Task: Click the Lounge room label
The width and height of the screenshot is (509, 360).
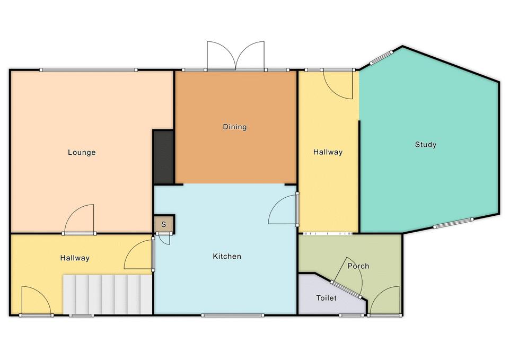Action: (82, 152)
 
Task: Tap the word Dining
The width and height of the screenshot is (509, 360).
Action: (235, 127)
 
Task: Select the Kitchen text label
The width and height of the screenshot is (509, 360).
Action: (227, 256)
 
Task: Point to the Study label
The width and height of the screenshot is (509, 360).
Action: (425, 144)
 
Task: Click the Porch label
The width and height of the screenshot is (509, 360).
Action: (358, 266)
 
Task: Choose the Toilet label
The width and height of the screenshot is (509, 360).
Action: (326, 297)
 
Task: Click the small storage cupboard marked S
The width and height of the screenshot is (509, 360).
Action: (164, 224)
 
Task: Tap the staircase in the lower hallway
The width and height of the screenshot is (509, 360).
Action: (108, 294)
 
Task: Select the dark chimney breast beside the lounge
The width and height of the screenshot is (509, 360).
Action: (163, 157)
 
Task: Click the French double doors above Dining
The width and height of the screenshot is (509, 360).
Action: (235, 56)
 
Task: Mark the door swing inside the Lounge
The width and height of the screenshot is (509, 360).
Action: (80, 219)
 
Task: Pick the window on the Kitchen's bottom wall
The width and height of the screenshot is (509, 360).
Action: (232, 315)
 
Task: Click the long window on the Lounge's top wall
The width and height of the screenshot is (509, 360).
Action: (89, 70)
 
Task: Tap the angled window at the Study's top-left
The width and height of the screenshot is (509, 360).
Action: (381, 57)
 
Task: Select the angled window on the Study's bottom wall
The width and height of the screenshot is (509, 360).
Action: (453, 223)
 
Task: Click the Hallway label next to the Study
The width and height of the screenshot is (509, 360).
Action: (328, 152)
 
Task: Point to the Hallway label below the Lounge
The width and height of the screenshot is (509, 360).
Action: (75, 258)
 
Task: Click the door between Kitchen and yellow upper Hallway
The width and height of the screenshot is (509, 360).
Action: (283, 209)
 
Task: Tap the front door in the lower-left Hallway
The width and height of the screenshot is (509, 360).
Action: (36, 301)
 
